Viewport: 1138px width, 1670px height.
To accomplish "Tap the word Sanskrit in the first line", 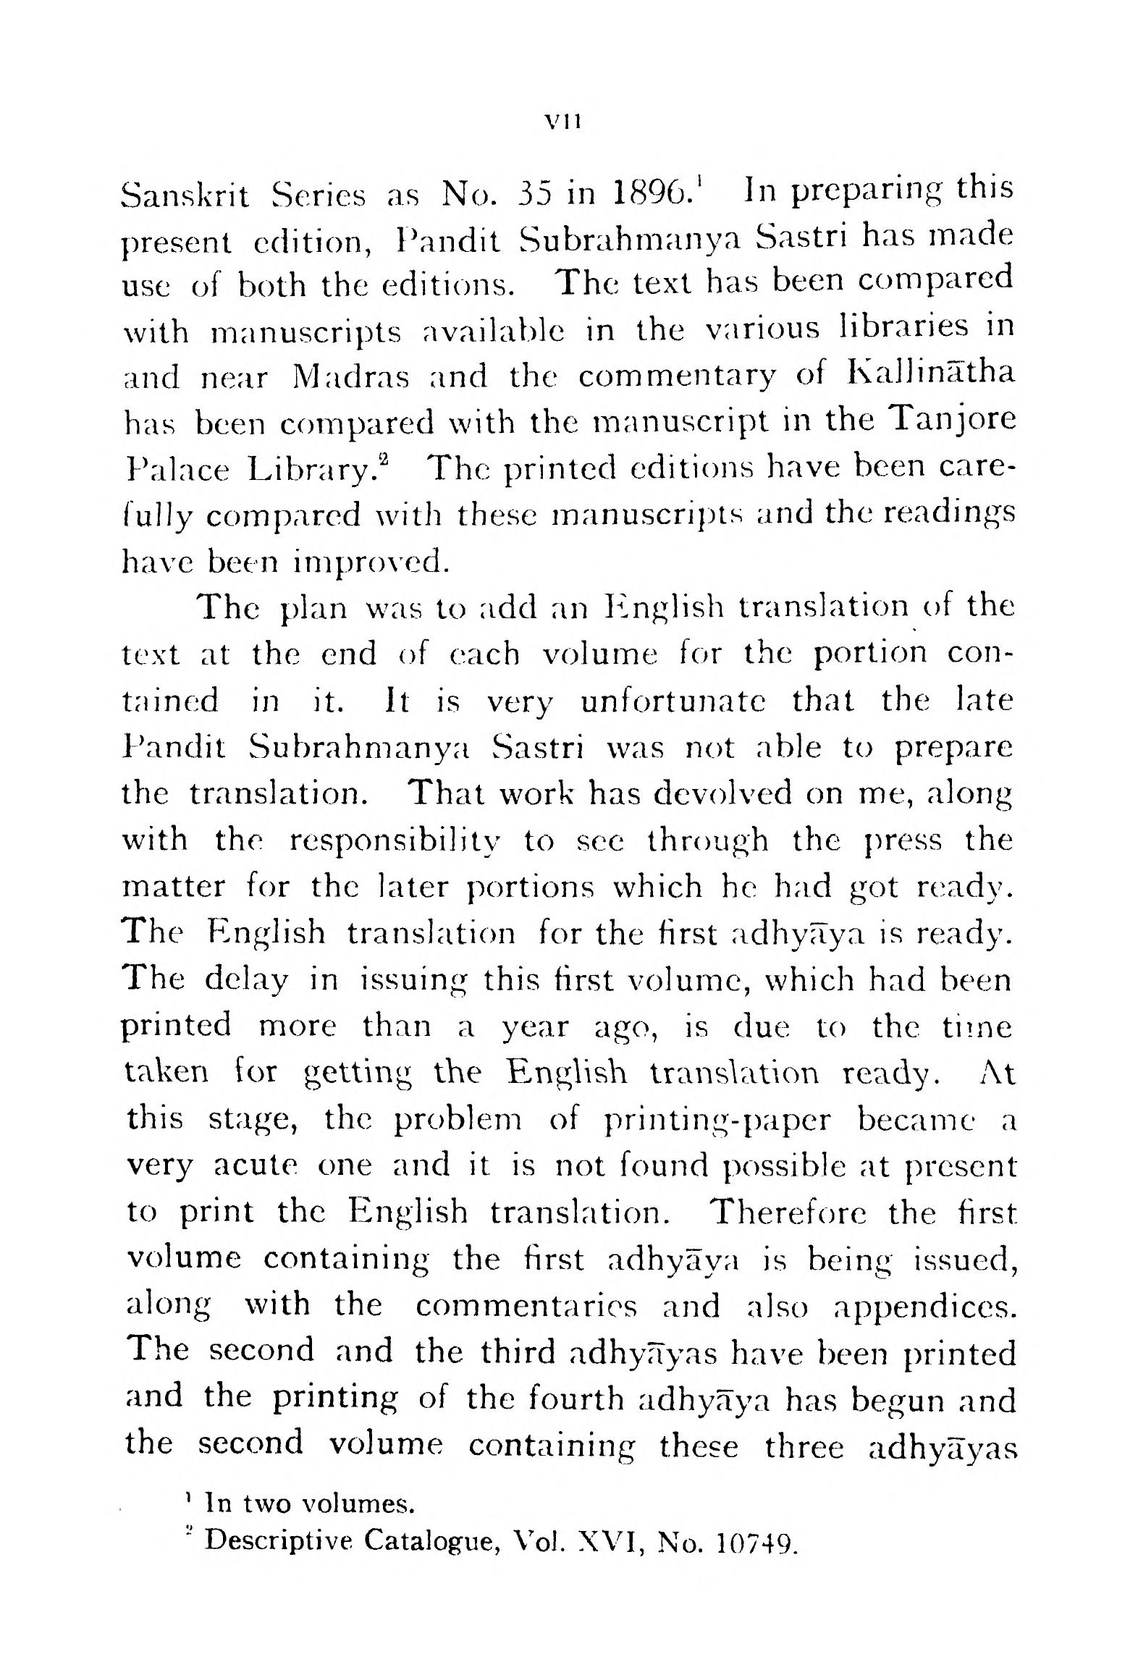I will [x=185, y=195].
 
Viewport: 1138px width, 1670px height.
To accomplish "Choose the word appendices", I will [x=923, y=1307].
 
